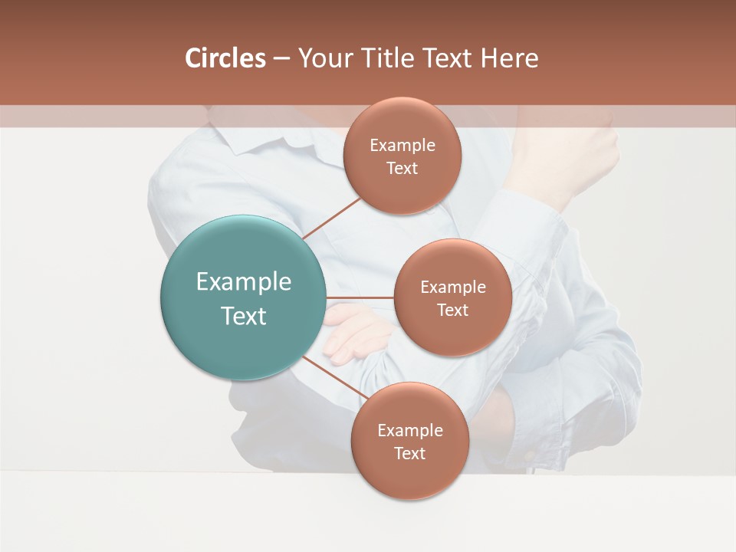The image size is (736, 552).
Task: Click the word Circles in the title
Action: [225, 58]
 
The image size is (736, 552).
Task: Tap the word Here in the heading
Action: [509, 58]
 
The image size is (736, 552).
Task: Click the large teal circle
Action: [243, 297]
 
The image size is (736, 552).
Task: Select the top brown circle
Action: [402, 156]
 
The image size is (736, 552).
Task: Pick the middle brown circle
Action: [452, 297]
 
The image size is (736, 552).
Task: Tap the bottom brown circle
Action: [409, 442]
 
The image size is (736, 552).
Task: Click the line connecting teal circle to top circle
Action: [332, 218]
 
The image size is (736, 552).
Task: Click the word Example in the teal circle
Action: [243, 281]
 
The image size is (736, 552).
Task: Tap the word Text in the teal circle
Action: [243, 316]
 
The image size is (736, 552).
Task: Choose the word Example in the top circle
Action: [402, 145]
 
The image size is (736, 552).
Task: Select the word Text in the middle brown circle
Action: [452, 310]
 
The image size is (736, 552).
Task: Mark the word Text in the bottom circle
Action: [409, 453]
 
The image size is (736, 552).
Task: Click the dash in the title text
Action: [281, 59]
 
